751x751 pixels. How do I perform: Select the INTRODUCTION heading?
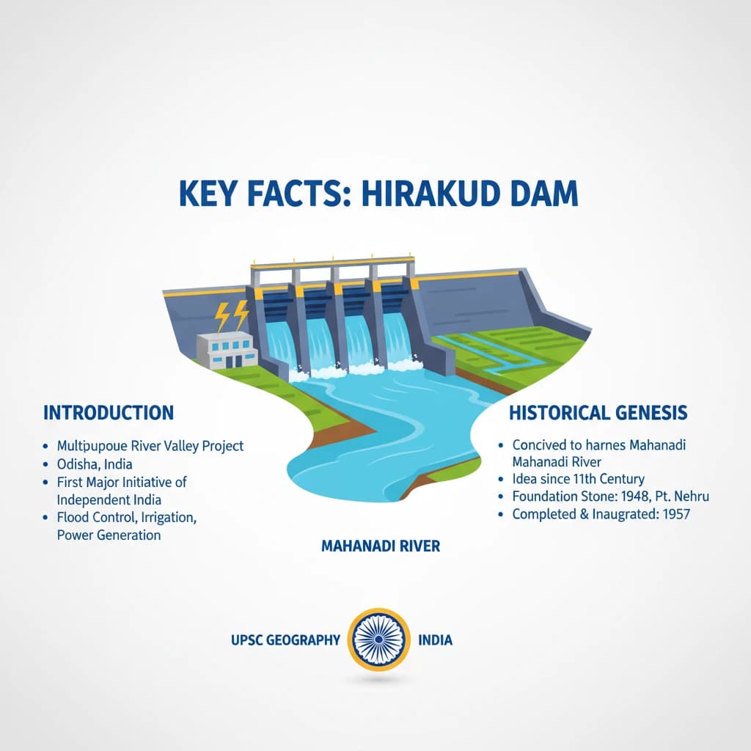coord(109,412)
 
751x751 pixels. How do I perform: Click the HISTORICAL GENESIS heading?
coord(598,413)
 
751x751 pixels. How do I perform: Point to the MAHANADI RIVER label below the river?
coord(381,546)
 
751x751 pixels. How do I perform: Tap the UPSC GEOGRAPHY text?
coord(285,640)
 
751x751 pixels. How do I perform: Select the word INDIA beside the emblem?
coord(435,640)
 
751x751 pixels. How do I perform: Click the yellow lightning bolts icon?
coord(231,316)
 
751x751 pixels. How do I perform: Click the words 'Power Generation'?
coord(109,535)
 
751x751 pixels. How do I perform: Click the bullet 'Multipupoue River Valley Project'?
coord(150,446)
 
